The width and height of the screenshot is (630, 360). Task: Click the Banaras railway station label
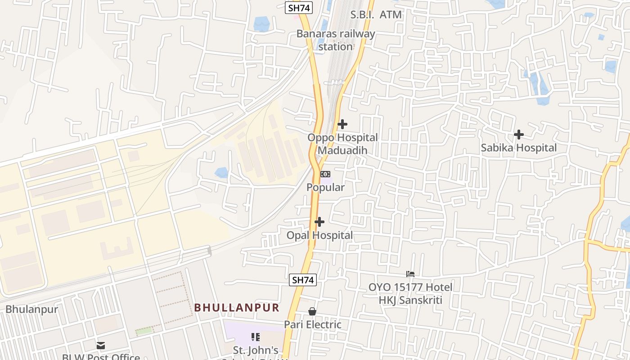point(336,40)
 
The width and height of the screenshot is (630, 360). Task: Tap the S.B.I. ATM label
point(376,14)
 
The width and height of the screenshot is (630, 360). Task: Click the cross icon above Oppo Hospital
point(342,124)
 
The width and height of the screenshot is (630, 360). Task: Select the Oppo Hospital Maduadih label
point(342,144)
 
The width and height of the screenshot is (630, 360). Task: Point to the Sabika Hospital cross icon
point(519,134)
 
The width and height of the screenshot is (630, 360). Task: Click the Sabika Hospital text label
point(518,148)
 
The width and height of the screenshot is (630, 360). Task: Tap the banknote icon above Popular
point(325,174)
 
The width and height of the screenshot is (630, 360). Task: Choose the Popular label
point(325,187)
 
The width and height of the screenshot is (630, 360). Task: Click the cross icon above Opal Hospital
point(319,222)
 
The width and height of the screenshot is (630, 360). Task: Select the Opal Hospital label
point(319,235)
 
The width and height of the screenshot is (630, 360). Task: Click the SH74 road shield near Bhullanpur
point(302,279)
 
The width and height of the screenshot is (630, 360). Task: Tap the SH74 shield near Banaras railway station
point(299,7)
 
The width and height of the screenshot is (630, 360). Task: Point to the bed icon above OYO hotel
point(410,274)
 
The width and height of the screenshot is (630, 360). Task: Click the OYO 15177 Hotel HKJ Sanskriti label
point(410,293)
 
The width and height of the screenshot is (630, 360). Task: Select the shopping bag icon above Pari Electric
point(312,311)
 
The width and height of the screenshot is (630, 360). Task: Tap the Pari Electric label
point(312,324)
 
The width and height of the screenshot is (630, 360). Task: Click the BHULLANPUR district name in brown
point(237,308)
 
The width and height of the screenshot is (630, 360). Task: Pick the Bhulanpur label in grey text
point(32,310)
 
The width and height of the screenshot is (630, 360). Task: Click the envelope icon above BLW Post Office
point(100,346)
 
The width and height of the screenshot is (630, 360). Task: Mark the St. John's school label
point(256,351)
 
